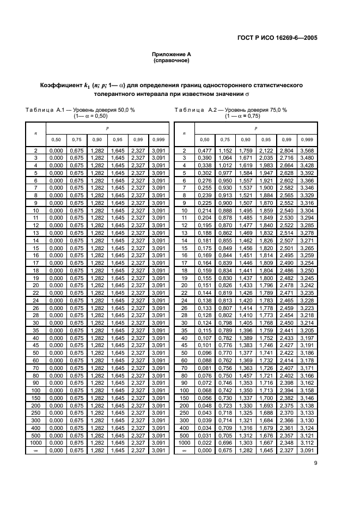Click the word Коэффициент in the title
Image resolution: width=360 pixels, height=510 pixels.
[x=64, y=86]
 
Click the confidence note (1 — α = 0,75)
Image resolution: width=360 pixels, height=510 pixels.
[x=242, y=116]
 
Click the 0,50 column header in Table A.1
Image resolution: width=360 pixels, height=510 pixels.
[x=56, y=139]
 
